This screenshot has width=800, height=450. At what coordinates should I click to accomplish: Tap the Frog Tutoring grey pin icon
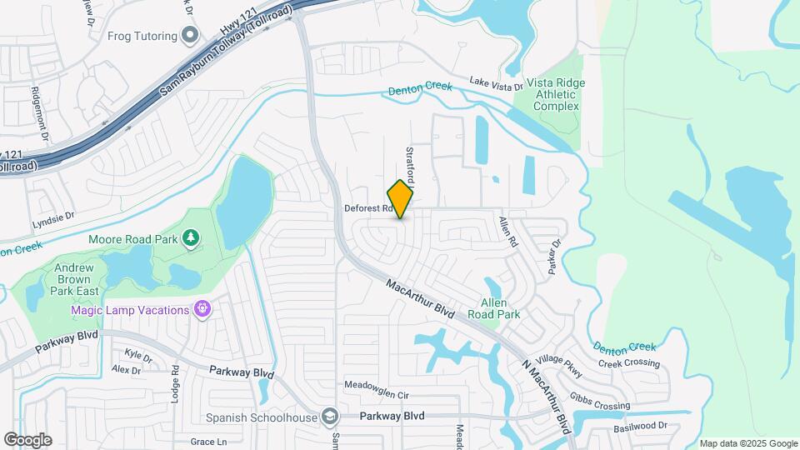pyautogui.click(x=191, y=36)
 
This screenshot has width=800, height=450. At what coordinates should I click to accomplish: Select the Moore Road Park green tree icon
pyautogui.click(x=192, y=239)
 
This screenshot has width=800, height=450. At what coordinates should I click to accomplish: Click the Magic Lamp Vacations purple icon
pyautogui.click(x=201, y=310)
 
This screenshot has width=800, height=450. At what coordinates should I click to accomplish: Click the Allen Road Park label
pyautogui.click(x=500, y=308)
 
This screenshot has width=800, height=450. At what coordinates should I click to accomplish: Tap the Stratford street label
pyautogui.click(x=409, y=165)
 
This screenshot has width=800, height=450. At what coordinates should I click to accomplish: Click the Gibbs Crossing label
pyautogui.click(x=600, y=400)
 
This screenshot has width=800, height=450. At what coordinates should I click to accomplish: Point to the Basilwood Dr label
pyautogui.click(x=640, y=425)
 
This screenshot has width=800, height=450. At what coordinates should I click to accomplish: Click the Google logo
pyautogui.click(x=27, y=439)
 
